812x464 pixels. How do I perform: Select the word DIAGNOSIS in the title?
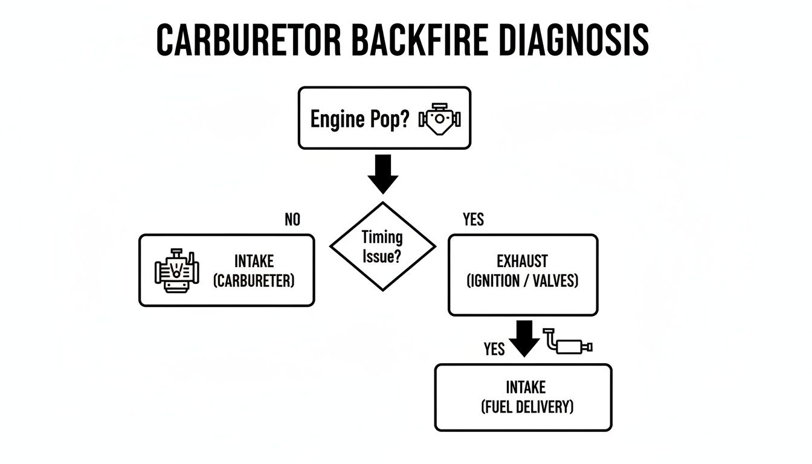575,41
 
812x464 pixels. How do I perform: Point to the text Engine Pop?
359,119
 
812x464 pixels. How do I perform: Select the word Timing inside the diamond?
382,237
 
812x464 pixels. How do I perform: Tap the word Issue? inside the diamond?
382,256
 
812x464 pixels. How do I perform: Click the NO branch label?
292,220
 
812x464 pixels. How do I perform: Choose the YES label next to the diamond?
473,220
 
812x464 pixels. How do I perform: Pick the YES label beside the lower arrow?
494,349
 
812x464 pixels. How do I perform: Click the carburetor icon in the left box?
176,271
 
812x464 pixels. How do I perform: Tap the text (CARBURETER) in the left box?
254,281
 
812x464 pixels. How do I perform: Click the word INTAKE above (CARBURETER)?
254,262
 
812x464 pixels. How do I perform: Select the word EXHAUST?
522,262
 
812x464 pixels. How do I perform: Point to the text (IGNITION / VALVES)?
522,281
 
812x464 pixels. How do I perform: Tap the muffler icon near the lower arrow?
569,343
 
